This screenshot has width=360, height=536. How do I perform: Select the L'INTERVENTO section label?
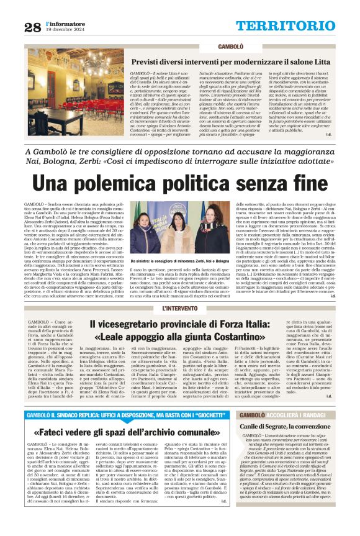(180, 309)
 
